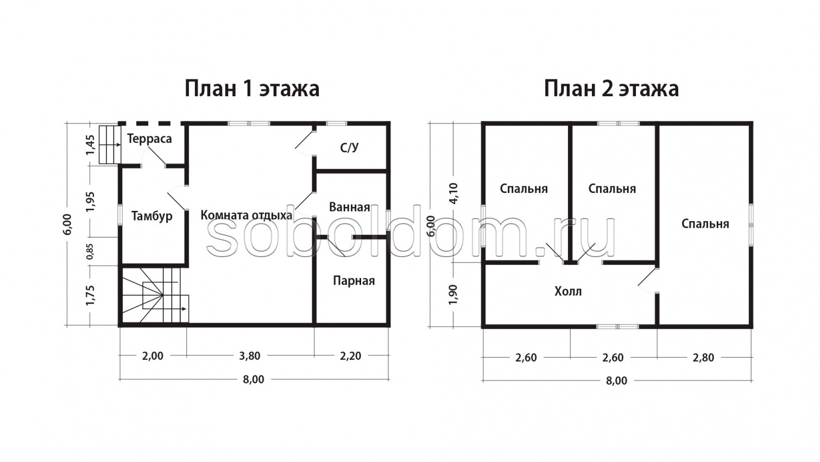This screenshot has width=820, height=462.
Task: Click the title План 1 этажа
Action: point(252,88)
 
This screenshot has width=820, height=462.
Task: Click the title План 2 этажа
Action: point(611,88)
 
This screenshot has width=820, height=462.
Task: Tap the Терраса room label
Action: point(149,139)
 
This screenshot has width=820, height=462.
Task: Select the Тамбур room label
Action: point(152,216)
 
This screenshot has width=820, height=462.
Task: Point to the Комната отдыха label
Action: point(246,215)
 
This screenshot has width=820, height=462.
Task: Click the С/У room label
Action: point(349,147)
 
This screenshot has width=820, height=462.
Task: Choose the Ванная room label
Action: point(349,207)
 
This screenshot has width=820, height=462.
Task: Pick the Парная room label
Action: point(354,280)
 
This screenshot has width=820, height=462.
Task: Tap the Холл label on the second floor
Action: point(568,291)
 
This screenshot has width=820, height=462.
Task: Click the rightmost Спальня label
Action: point(705,223)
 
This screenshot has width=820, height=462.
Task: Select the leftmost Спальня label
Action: point(523,189)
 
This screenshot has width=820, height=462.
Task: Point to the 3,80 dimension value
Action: point(250,356)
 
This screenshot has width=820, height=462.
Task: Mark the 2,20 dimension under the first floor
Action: point(350,356)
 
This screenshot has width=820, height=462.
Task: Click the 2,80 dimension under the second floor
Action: point(703,358)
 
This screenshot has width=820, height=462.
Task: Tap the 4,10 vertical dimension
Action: point(453,192)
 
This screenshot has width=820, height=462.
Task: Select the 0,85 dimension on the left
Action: point(90,251)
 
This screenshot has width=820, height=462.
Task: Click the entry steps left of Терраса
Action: point(109,144)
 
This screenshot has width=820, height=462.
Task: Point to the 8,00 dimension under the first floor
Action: point(254,379)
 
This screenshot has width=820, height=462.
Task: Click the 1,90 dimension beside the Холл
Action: point(453,294)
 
